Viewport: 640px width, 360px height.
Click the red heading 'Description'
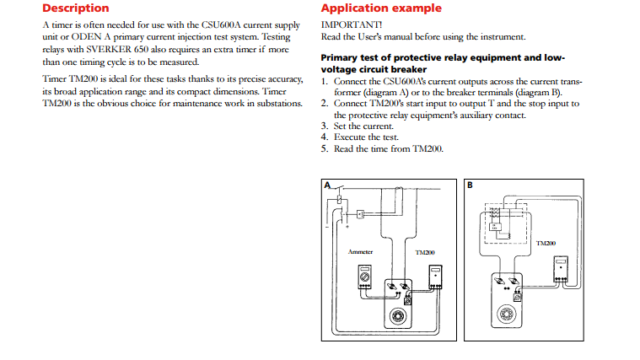click(x=75, y=8)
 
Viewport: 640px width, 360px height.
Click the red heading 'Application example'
click(x=380, y=8)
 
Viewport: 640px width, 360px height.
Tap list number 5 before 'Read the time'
click(x=325, y=148)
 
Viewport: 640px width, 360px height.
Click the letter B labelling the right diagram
click(x=470, y=185)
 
